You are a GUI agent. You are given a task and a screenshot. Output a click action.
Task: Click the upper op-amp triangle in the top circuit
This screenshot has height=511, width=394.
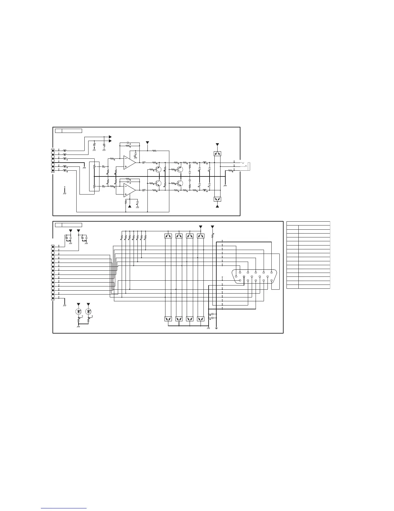tap(129, 162)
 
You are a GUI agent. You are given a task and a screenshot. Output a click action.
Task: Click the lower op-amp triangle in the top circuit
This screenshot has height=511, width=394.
tap(129, 190)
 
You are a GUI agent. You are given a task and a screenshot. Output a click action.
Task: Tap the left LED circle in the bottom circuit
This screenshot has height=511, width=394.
tap(78, 312)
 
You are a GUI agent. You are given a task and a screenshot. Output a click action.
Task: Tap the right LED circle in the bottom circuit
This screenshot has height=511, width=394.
tap(89, 312)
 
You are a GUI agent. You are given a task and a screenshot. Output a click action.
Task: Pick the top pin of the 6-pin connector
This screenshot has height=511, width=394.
tap(53, 150)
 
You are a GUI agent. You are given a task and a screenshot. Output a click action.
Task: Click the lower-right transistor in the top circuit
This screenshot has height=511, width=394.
tap(180, 183)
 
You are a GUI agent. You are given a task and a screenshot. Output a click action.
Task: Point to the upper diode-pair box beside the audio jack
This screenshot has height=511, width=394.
tap(218, 154)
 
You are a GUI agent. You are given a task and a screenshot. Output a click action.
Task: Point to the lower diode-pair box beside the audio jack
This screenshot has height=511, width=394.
tap(218, 199)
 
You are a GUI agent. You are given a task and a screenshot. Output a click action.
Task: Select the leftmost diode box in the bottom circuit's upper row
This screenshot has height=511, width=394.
tap(168, 236)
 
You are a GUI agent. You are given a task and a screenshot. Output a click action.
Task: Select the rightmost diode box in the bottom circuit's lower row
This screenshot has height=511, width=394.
tap(201, 319)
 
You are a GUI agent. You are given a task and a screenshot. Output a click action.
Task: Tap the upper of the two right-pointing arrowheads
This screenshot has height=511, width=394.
tap(110, 137)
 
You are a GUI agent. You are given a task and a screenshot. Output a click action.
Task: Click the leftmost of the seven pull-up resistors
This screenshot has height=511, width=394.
tap(122, 237)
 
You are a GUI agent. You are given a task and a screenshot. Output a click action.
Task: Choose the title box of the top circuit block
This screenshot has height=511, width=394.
tap(68, 131)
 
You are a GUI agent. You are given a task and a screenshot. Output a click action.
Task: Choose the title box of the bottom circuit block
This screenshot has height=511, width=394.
tap(68, 225)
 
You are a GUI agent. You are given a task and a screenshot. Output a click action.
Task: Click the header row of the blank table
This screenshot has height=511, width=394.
tap(308, 223)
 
